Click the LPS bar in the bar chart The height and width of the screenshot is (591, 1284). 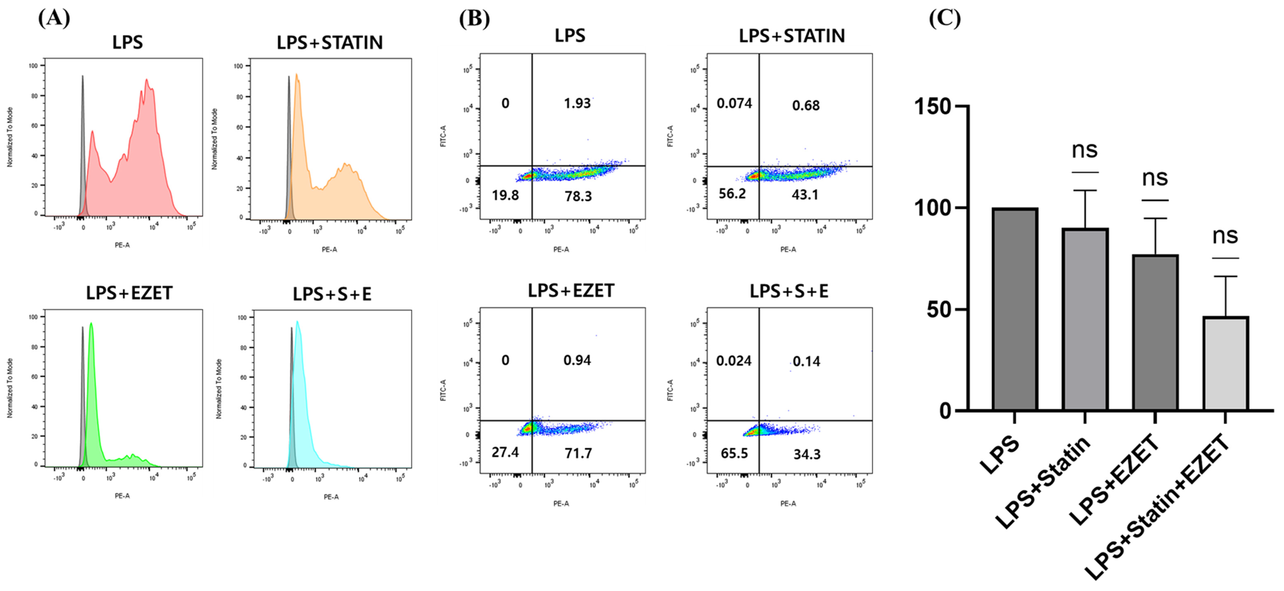point(1015,309)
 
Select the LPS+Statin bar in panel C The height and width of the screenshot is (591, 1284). point(1085,319)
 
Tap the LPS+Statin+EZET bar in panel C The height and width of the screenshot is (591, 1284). point(1226,364)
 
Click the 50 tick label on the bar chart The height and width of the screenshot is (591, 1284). point(940,310)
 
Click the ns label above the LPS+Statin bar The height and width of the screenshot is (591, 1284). point(1085,150)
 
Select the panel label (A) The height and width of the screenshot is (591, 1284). point(54,18)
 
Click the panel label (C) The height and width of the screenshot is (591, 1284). point(945,18)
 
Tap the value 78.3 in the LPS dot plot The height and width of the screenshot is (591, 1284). point(578,196)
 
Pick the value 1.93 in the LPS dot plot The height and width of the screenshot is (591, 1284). point(577,103)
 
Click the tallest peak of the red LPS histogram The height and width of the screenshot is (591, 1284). point(147,80)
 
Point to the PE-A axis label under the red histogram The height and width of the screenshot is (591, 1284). point(122,245)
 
